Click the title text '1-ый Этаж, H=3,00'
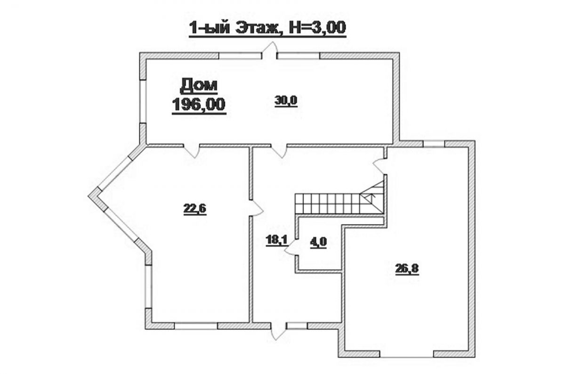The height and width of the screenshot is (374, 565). point(267,28)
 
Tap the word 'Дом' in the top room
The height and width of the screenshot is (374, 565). point(199,85)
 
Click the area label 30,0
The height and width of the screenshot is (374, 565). point(286,101)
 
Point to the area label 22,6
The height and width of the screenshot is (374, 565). point(195,209)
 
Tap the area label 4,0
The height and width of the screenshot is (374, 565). point(318,243)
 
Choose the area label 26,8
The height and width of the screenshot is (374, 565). point(407,269)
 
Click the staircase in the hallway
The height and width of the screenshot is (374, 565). point(340,199)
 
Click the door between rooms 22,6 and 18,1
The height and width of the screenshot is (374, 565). point(257,208)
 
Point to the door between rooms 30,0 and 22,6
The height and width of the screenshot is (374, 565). point(192,151)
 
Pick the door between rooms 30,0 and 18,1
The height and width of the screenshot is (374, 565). point(279,151)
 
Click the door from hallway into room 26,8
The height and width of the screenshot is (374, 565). point(379,166)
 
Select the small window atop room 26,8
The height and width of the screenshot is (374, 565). point(434,144)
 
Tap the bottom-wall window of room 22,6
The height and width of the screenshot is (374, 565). point(196,326)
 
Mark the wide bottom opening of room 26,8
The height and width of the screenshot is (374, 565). point(407,354)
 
